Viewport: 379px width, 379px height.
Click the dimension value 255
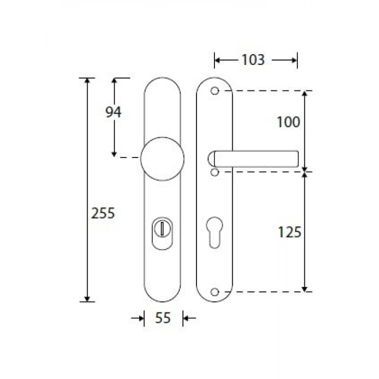pos(103,213)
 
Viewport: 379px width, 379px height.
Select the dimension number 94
pos(113,112)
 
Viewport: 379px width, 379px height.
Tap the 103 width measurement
pos(253,60)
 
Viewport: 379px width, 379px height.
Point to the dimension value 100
pos(289,122)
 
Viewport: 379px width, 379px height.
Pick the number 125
pos(290,232)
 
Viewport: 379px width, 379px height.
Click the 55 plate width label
pos(162,318)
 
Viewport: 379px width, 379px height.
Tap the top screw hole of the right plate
pos(214,90)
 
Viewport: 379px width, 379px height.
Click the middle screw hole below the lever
pos(214,172)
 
